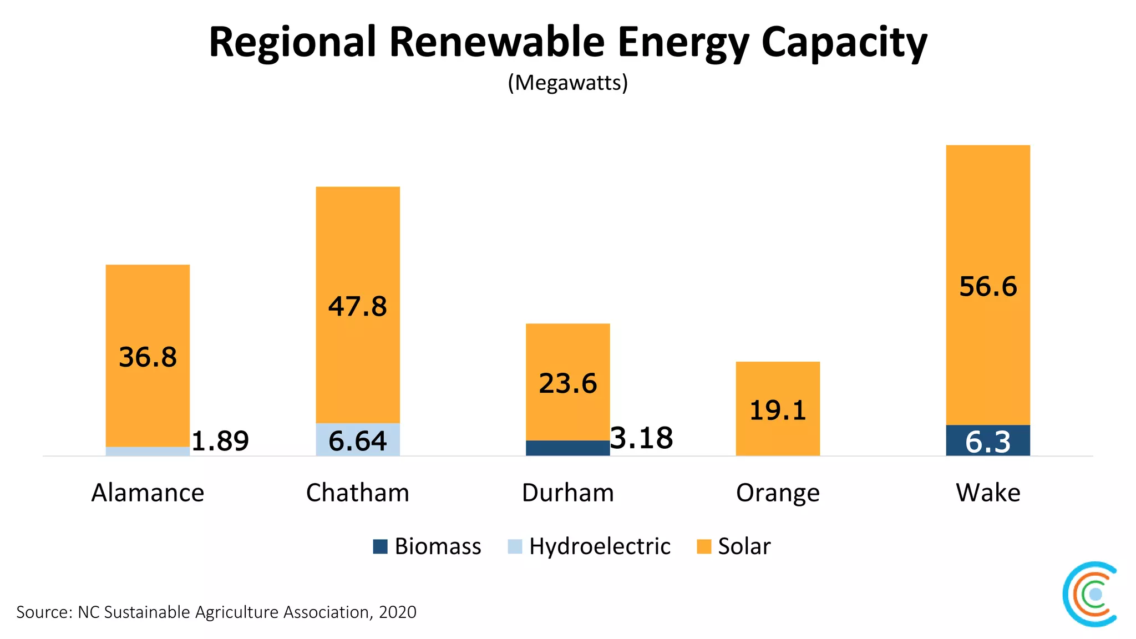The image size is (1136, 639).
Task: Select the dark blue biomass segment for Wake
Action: [987, 440]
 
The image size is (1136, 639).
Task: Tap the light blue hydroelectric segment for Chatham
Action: [358, 439]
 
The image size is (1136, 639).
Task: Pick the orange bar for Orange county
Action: [778, 408]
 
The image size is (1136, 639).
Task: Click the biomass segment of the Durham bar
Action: [567, 448]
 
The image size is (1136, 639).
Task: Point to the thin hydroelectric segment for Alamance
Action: [148, 452]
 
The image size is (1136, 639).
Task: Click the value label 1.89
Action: [220, 441]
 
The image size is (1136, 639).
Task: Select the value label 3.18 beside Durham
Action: [642, 438]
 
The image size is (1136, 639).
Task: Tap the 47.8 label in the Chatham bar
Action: [358, 306]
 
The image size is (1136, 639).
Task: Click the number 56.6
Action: [987, 287]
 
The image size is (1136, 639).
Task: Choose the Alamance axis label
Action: [148, 493]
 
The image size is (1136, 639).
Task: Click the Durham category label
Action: [567, 493]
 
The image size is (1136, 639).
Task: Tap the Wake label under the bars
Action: [987, 493]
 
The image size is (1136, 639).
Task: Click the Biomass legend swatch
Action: [380, 546]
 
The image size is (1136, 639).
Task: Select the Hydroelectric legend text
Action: [600, 546]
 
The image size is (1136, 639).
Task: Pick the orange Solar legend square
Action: [703, 546]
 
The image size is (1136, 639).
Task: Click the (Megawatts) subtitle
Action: [567, 83]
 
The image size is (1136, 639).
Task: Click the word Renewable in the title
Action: [496, 42]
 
